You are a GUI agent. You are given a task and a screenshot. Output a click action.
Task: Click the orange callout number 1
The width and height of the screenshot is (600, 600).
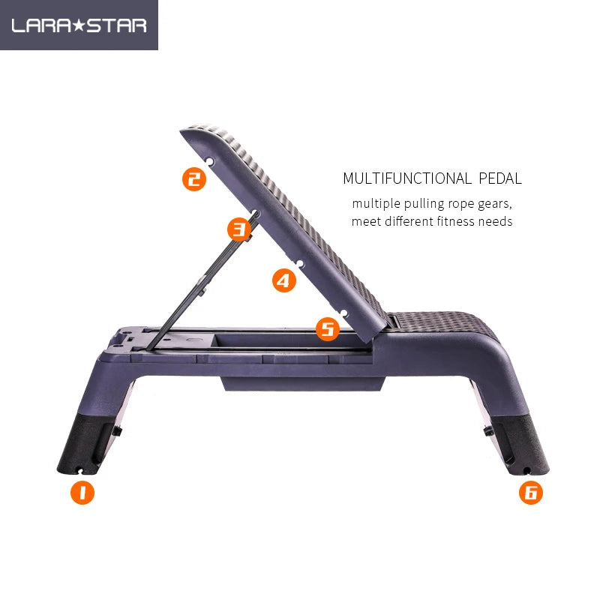point(82,493)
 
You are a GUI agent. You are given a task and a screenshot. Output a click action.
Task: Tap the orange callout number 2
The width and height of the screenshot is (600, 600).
point(194,178)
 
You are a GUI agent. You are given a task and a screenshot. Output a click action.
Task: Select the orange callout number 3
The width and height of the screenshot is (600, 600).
point(238,228)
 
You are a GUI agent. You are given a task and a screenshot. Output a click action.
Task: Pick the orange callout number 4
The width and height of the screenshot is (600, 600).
point(283,280)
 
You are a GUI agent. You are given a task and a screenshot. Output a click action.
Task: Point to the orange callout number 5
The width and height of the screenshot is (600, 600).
point(327,328)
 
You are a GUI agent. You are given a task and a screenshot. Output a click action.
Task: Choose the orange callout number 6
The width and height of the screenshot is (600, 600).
point(530,493)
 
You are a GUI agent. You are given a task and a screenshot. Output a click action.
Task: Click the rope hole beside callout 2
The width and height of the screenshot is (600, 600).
point(211,161)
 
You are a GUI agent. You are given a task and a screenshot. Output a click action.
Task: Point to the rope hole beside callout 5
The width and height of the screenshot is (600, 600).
point(343,312)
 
